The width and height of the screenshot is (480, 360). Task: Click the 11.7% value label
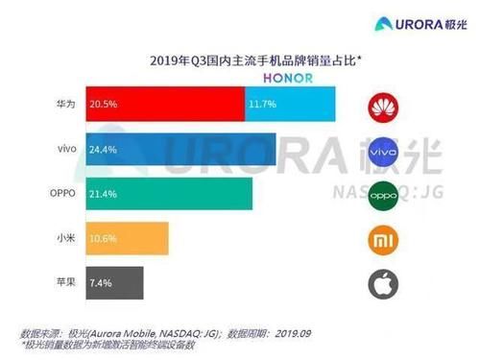point(260,103)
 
